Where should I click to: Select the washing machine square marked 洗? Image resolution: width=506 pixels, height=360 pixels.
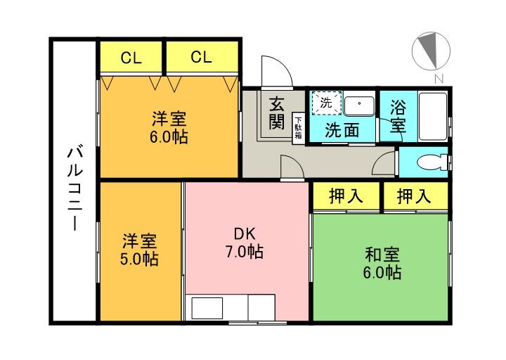coord(327,103)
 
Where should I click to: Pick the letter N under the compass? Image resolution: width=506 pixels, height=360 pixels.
coord(438,78)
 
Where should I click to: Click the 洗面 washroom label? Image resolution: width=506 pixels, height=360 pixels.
coord(342,130)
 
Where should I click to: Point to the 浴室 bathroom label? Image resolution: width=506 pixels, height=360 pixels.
coord(397,118)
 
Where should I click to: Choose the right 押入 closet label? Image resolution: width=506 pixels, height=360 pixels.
coord(415,196)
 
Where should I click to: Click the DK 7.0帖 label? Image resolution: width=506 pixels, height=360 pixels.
coord(245,243)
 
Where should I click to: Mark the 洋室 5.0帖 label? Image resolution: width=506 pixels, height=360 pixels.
coord(138,250)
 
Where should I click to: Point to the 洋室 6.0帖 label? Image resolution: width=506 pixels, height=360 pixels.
coord(168,127)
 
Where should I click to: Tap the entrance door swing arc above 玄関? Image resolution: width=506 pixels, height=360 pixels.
coord(275,71)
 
